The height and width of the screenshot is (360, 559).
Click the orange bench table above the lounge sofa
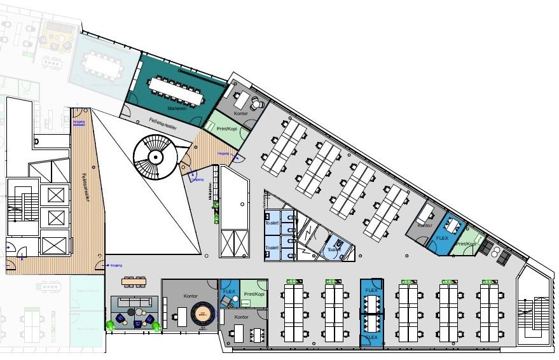(134, 280)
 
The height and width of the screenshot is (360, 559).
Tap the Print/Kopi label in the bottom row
(254, 294)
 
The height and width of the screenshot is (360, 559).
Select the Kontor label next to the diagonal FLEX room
(425, 226)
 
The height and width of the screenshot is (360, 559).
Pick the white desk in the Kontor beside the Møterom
(241, 99)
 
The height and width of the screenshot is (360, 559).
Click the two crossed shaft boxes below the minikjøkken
(234, 242)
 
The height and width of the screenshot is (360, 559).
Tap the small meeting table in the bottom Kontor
(257, 334)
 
